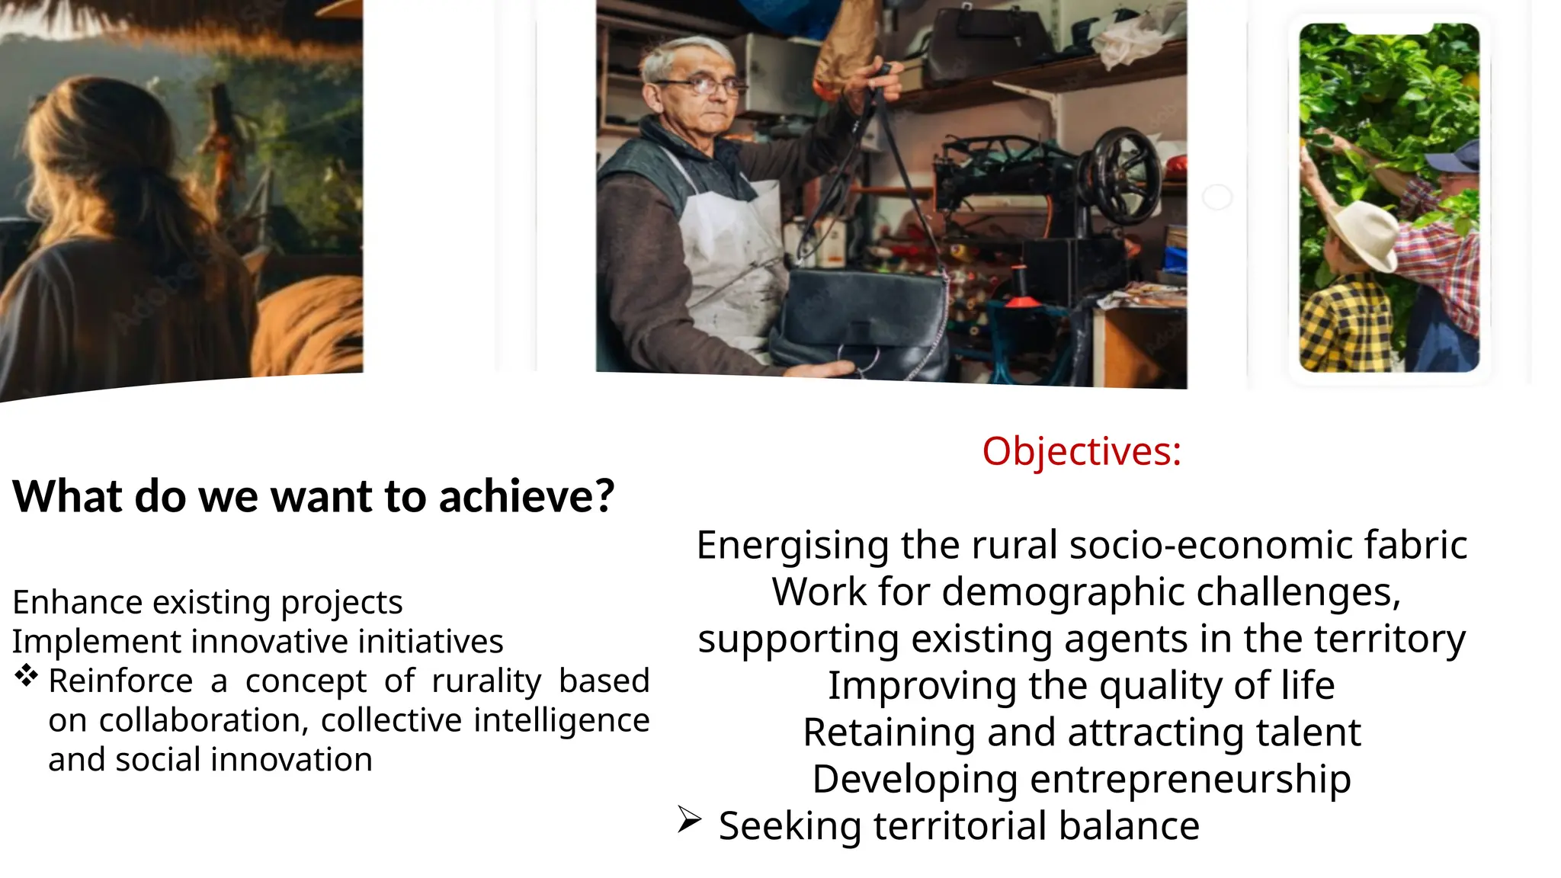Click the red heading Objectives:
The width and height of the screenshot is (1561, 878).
click(1081, 451)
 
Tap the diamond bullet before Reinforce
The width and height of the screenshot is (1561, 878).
click(27, 676)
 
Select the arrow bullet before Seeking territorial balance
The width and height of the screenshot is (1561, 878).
click(689, 820)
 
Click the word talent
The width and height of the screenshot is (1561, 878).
click(1308, 732)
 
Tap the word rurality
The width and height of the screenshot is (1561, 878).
click(486, 681)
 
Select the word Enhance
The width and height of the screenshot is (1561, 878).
click(77, 602)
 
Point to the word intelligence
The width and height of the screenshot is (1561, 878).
click(561, 721)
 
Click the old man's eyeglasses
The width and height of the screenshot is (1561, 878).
click(699, 85)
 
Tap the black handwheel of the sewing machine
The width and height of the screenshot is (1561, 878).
click(1126, 175)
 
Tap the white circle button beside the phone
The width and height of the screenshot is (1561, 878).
click(1216, 197)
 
